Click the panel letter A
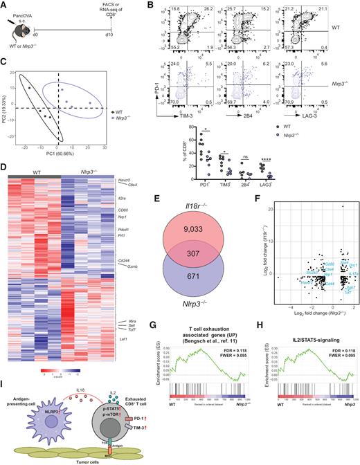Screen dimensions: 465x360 pyautogui.click(x=5, y=6)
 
